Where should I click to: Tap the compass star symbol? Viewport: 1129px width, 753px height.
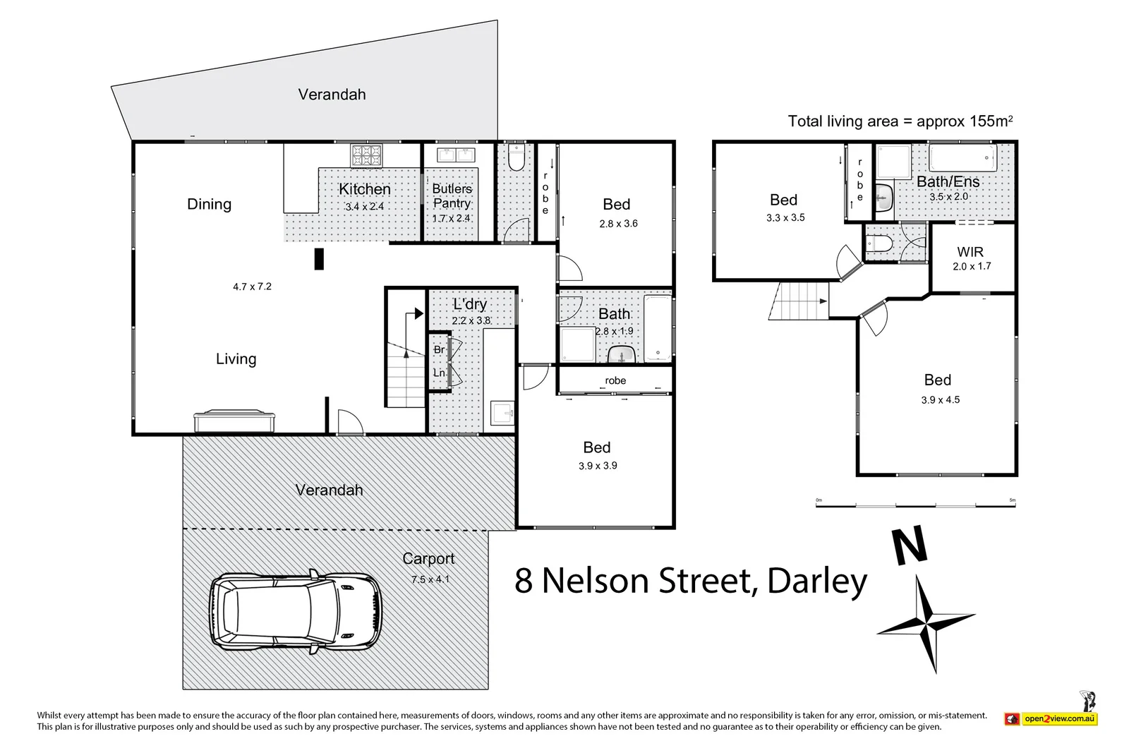pos(926,622)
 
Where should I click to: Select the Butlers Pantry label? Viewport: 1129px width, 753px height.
pos(452,195)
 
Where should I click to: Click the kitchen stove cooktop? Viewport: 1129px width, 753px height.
pos(366,155)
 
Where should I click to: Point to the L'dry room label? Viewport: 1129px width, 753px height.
pos(470,304)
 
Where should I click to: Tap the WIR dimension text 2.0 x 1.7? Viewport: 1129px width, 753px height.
pos(972,267)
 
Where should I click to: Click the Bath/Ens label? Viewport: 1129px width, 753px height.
pos(948,181)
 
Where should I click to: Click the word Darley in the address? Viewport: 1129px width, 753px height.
pos(816,581)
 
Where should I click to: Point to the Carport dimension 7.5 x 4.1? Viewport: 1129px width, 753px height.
pos(430,579)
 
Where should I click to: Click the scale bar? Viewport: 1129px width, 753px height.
pos(916,505)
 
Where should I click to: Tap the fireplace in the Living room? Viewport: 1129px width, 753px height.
pos(234,421)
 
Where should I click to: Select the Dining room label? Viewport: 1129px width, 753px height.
pos(209,205)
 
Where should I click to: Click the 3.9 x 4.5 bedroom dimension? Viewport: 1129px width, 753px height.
pos(940,400)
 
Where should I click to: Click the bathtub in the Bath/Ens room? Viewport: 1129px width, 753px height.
pos(962,157)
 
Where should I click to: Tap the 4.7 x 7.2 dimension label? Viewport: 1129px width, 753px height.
pos(252,287)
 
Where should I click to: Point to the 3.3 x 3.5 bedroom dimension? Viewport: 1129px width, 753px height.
pos(785,218)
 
